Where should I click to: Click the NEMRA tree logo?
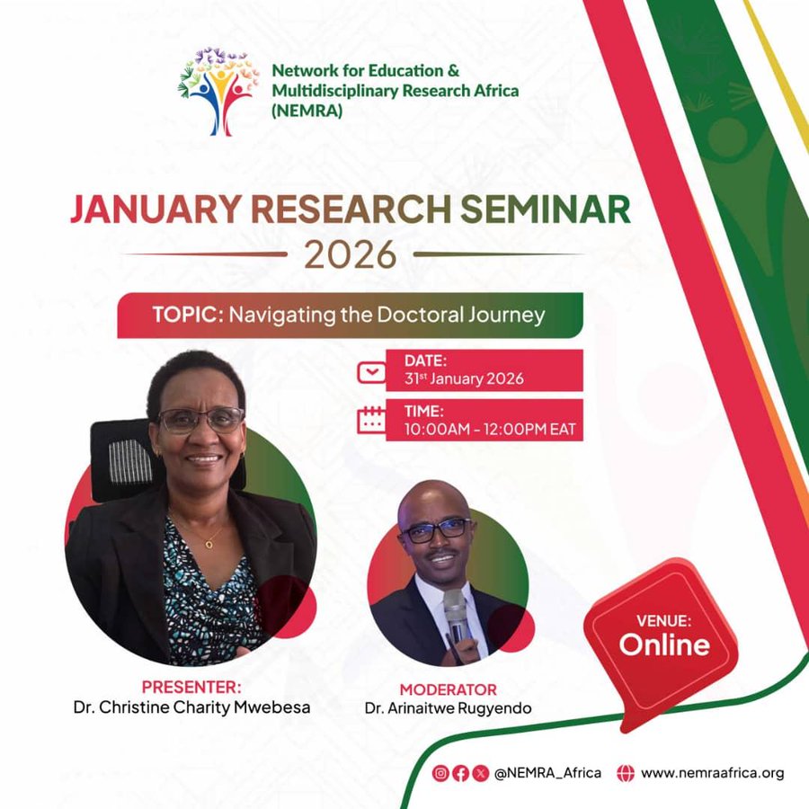[218, 92]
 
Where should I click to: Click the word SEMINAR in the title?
[545, 209]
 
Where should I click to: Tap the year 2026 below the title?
[351, 254]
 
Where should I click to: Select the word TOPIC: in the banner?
[188, 315]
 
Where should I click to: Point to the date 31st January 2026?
[464, 378]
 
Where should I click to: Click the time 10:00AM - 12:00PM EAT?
[490, 430]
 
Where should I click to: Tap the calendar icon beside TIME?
[371, 420]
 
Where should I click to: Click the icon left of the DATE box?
[371, 372]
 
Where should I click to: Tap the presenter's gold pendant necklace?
[209, 544]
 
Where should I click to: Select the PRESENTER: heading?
[191, 688]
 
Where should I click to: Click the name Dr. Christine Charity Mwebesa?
[192, 707]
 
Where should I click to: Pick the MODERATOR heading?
[448, 689]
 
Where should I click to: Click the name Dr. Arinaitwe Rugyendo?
[448, 708]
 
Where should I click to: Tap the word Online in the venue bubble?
[664, 645]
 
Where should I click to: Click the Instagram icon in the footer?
[440, 773]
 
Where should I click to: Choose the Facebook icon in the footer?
[460, 773]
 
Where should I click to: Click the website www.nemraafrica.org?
[713, 773]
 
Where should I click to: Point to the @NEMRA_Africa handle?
[547, 773]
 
